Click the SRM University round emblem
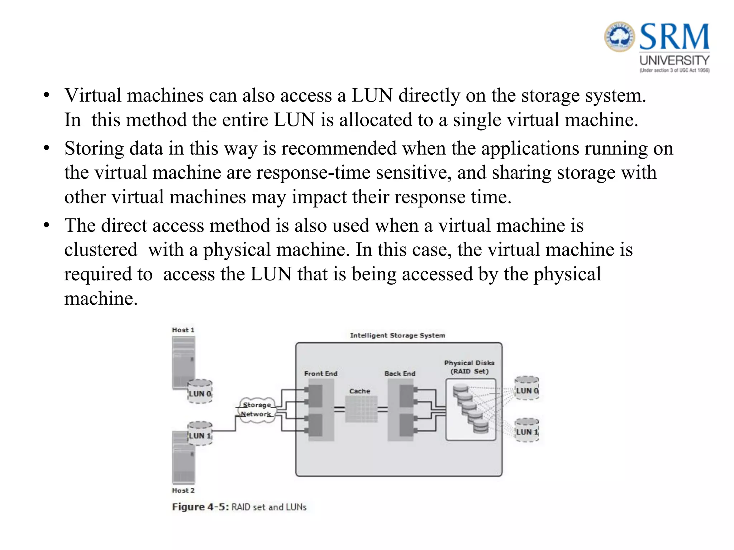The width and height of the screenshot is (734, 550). click(620, 37)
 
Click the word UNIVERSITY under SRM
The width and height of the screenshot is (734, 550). click(674, 60)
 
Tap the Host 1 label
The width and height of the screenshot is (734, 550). click(183, 330)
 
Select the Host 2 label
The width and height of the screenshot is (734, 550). click(183, 490)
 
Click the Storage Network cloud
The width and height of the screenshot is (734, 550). click(257, 410)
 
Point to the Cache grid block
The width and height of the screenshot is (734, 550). click(361, 409)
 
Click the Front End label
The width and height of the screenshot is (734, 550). click(321, 373)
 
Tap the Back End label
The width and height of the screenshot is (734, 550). click(400, 373)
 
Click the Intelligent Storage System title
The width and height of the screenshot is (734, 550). click(397, 335)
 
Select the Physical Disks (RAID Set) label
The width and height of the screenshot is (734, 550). click(469, 367)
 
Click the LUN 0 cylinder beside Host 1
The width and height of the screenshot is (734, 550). click(200, 391)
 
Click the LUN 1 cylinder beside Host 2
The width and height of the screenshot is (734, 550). click(200, 433)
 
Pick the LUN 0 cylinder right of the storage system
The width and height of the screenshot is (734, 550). click(527, 388)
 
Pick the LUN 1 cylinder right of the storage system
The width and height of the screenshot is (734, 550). click(527, 430)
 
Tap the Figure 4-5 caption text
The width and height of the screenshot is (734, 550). click(239, 507)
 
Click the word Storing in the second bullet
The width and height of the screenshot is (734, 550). click(94, 148)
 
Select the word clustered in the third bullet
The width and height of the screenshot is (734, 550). click(101, 250)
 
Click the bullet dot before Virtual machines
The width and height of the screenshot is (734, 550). click(46, 96)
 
